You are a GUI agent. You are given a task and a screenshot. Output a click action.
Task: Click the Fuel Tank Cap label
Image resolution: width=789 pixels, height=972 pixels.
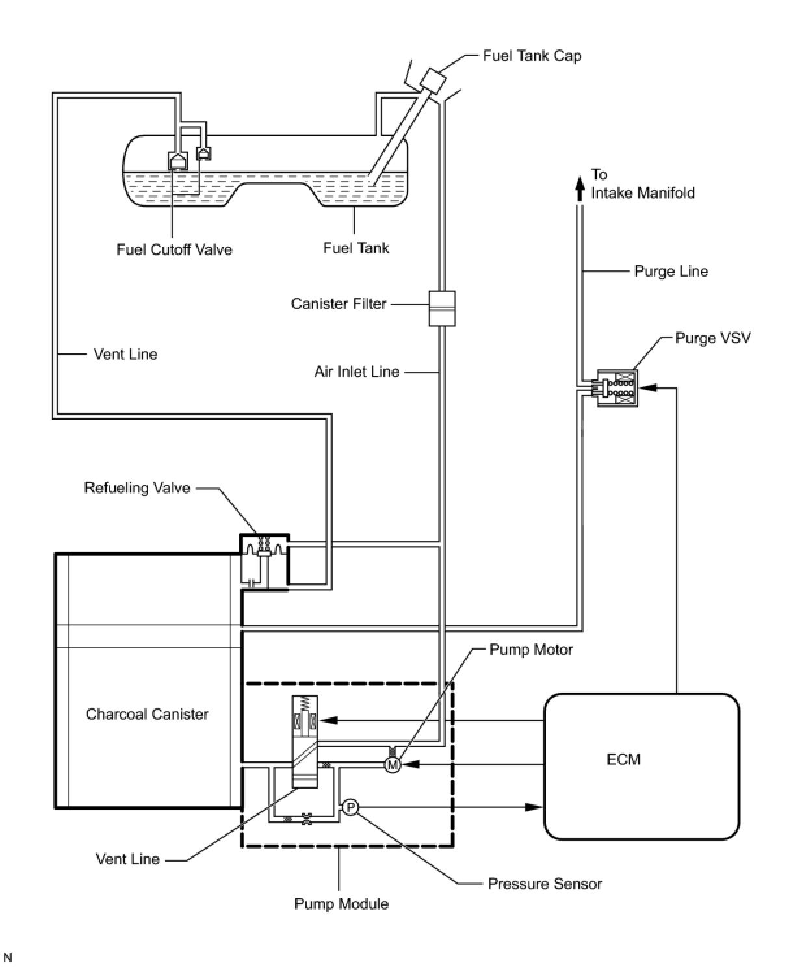coord(532,56)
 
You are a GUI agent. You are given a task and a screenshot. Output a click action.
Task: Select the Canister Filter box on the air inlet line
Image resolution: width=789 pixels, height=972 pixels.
coord(442,309)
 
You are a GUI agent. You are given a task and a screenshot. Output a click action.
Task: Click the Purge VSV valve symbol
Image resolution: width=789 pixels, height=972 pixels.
coord(617,388)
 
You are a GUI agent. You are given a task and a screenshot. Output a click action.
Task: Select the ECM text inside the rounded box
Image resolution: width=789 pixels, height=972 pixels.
coord(623,760)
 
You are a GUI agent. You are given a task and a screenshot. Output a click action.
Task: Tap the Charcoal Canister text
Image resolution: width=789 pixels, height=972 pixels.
coord(147,714)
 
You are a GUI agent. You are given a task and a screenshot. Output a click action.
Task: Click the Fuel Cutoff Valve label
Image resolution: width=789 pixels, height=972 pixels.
coord(174,249)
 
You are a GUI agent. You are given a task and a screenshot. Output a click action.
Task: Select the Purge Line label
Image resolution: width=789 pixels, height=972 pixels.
coord(671,272)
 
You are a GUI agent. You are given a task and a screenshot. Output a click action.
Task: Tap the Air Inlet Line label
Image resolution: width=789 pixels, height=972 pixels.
coord(357,372)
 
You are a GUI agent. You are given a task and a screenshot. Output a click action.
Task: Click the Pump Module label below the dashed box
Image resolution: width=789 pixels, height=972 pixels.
coord(341,904)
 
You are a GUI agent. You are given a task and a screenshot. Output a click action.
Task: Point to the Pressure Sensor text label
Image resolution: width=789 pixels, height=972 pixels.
coord(545,884)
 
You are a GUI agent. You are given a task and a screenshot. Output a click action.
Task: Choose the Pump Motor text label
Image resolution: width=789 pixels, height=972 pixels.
coord(531,650)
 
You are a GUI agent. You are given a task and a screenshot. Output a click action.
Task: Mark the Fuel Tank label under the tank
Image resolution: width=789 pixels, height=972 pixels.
coord(356,248)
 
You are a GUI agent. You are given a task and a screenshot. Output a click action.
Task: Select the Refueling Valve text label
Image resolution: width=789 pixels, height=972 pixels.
coord(137,488)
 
